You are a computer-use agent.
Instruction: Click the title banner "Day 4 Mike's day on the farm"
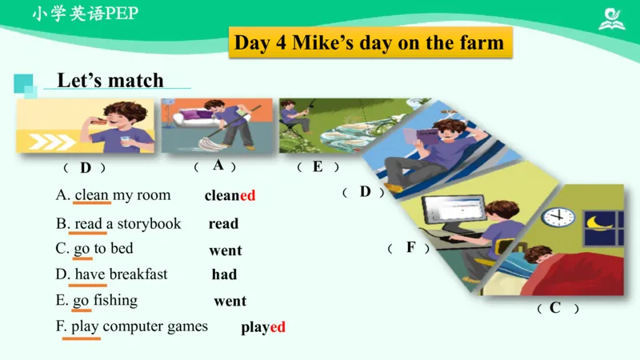[369, 42]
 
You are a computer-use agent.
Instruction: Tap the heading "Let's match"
[110, 80]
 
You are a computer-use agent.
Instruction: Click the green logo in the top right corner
[612, 18]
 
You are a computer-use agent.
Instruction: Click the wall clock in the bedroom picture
[558, 216]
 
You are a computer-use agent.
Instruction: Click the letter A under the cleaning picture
[218, 166]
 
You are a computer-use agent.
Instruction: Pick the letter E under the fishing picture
[318, 166]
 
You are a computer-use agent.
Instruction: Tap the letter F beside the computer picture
[410, 247]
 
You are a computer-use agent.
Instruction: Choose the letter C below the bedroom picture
[555, 307]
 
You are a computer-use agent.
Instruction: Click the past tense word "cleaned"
[230, 195]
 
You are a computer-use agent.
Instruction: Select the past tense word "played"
[263, 327]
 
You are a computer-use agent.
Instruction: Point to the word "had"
[224, 274]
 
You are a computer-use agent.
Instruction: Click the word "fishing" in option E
[116, 300]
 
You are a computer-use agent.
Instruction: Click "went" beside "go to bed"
[226, 250]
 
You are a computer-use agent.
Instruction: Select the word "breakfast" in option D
[138, 274]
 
